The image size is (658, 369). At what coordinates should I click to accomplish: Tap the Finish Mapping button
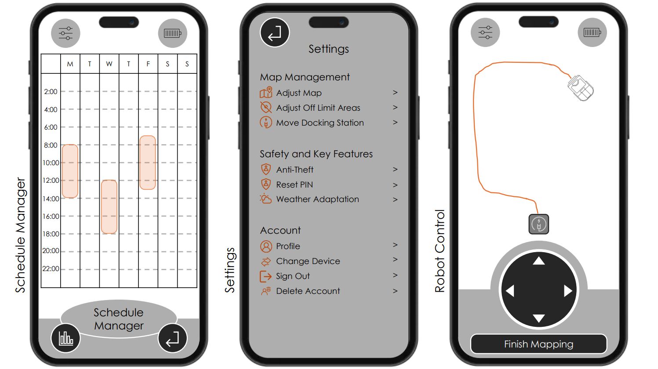click(538, 344)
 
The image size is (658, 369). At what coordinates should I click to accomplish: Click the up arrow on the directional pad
click(539, 261)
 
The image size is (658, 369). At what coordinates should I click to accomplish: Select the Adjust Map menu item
click(299, 93)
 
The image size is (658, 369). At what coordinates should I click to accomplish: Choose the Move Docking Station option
click(320, 123)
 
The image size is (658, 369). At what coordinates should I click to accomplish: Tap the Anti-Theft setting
click(294, 170)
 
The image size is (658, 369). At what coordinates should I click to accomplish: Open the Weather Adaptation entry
click(317, 199)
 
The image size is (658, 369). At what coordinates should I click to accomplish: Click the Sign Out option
click(293, 276)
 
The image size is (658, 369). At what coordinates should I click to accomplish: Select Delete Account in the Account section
click(308, 291)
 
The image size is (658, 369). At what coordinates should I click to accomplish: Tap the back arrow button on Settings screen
click(275, 33)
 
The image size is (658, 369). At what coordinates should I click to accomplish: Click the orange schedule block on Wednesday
click(109, 206)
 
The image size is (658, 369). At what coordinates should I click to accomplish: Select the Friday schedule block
click(148, 163)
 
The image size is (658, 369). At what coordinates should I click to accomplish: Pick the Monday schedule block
click(70, 171)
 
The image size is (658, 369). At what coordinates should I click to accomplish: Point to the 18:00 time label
click(51, 234)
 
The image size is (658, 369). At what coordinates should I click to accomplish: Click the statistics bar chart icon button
click(66, 338)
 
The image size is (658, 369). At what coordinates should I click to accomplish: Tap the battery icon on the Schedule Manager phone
click(173, 33)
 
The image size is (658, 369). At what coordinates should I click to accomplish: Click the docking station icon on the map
click(538, 224)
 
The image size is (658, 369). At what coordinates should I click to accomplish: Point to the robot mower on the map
click(580, 88)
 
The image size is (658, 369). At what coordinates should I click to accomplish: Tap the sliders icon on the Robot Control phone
click(485, 33)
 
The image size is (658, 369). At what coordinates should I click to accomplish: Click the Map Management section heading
click(305, 77)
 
